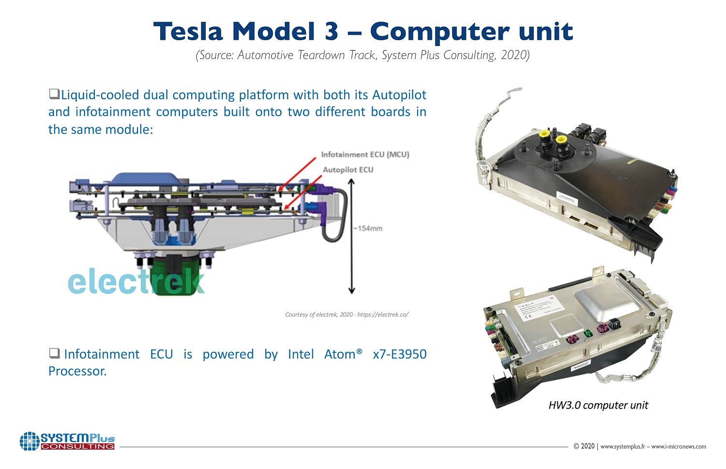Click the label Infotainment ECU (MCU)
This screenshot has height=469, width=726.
coord(365,154)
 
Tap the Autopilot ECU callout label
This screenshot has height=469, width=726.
coord(348,169)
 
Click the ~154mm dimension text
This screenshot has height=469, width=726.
coord(368,228)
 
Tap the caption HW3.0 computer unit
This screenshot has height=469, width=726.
coord(598,405)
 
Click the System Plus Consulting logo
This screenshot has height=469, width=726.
coord(67,441)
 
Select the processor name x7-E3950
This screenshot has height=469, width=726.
coord(400,354)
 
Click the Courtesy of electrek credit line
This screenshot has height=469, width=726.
coord(347,315)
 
